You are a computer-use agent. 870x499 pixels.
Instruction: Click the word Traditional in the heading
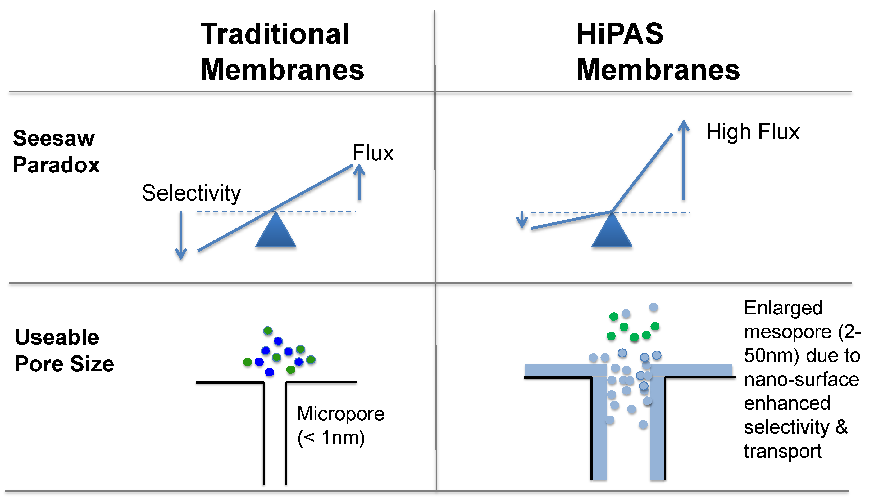coord(275,34)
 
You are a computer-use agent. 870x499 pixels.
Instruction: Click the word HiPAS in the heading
coord(620,34)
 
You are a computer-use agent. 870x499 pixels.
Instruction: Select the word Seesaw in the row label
coord(54,139)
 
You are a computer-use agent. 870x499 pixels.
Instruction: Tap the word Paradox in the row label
coord(56,165)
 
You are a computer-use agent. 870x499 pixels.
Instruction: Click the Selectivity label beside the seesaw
coord(191,193)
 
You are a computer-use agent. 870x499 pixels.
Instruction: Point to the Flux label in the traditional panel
coord(373,153)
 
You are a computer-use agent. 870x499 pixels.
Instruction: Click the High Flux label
coord(753,132)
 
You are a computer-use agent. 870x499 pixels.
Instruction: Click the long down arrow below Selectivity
coord(181,235)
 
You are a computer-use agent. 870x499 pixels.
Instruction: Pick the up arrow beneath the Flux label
coord(359,182)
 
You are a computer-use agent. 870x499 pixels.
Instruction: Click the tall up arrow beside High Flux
coord(684,159)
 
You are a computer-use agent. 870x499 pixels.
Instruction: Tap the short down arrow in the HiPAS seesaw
coord(522,220)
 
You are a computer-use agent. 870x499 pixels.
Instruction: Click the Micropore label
coord(340,414)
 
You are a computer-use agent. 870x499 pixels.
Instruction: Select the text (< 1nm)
coord(331,438)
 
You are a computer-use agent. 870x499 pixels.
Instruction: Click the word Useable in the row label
coord(57,337)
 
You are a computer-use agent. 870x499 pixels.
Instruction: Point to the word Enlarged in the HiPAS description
coord(783,308)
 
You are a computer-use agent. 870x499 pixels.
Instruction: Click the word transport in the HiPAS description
coord(782,451)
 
